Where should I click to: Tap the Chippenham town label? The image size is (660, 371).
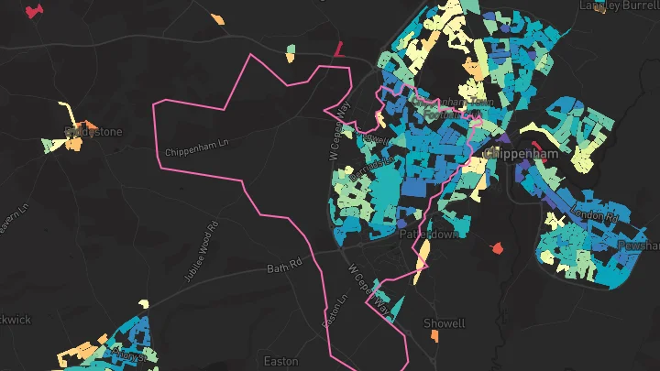click(x=523, y=154)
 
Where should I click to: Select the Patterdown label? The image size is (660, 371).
click(x=428, y=235)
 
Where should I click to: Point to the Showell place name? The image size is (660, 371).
click(x=445, y=323)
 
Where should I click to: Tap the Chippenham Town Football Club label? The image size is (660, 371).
click(x=452, y=108)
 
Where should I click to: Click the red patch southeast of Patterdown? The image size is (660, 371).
click(x=498, y=248)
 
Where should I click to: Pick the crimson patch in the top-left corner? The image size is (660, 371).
click(x=35, y=11)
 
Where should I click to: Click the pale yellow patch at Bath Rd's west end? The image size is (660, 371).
click(x=144, y=303)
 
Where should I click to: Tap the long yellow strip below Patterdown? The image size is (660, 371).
click(x=419, y=266)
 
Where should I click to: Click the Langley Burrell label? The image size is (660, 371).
click(x=619, y=5)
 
